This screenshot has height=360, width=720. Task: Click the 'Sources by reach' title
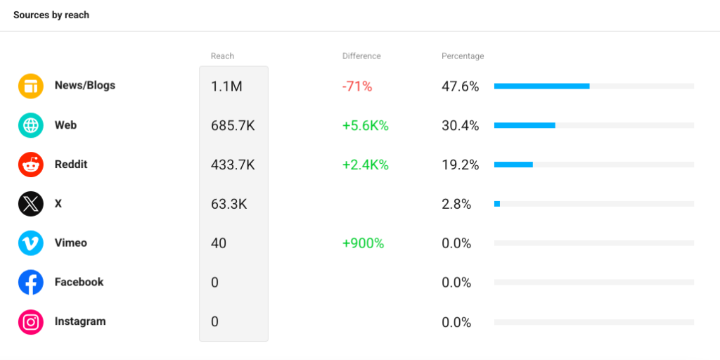[51, 15]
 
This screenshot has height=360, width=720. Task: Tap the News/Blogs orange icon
[31, 86]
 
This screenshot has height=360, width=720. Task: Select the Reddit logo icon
[31, 165]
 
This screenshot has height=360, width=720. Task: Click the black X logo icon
[31, 204]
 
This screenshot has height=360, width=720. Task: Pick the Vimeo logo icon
[31, 243]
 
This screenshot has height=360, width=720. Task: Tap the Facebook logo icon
[31, 283]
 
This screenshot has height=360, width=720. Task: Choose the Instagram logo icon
[31, 322]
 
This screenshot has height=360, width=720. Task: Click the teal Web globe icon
[31, 125]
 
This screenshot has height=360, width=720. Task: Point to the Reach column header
[222, 56]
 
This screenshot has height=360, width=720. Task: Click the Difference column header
[361, 56]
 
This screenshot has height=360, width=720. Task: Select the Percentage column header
[463, 56]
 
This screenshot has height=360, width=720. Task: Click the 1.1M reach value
[226, 86]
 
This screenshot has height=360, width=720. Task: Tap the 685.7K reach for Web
[233, 125]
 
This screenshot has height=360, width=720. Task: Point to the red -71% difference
[356, 86]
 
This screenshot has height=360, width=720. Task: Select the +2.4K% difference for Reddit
[366, 165]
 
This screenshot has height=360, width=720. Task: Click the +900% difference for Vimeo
[364, 243]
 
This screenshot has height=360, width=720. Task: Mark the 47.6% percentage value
[460, 86]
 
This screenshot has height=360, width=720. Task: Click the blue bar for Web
[525, 125]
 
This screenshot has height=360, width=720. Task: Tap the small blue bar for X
[497, 204]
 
